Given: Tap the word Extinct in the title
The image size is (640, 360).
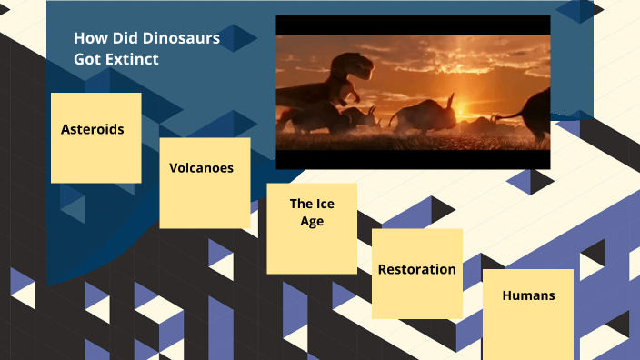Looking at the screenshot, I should click(133, 59).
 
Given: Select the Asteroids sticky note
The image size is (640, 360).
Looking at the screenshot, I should click(95, 137).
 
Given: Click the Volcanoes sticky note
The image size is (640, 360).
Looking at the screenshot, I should click(205, 183).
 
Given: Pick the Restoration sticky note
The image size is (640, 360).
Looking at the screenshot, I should click(416, 273).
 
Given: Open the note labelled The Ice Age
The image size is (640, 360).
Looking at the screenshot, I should click(312, 228).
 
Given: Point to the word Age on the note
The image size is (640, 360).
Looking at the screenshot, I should click(312, 221).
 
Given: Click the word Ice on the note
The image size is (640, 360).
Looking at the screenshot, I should click(325, 204).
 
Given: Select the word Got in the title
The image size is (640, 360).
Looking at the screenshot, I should click(88, 59).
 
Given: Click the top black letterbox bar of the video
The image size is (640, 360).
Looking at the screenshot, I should click(413, 25).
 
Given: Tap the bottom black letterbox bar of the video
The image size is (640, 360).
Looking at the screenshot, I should click(413, 159).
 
